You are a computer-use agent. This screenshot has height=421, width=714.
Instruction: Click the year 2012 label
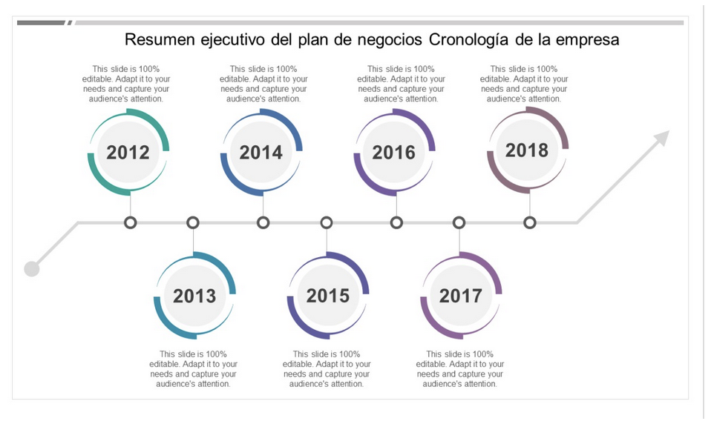[128, 152]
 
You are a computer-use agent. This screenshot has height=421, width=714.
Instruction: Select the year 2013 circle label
[194, 296]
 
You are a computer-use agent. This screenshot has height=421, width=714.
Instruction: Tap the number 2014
[261, 152]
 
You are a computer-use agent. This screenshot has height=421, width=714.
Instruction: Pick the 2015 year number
[327, 296]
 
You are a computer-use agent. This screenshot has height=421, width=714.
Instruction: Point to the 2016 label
[393, 152]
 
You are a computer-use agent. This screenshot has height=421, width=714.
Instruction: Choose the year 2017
[460, 296]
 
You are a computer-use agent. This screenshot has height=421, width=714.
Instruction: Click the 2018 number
[527, 150]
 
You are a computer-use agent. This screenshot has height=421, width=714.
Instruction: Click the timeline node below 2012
[131, 222]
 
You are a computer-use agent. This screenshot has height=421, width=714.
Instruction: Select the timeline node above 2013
[193, 222]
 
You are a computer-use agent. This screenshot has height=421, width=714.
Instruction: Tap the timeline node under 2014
[263, 222]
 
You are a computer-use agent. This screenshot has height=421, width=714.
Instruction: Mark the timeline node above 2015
[327, 222]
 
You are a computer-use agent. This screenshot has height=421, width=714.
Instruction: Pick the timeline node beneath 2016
[396, 222]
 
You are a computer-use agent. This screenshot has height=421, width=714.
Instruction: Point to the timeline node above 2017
[459, 222]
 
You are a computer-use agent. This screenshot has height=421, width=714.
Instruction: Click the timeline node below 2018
[529, 222]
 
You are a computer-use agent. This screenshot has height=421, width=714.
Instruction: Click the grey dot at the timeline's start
[31, 268]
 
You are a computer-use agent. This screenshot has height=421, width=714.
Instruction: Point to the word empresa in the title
[586, 39]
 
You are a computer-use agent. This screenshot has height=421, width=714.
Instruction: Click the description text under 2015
[327, 369]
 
